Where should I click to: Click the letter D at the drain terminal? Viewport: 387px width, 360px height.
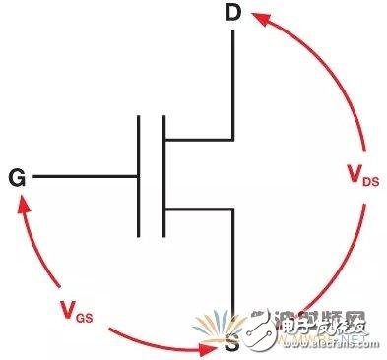click(232, 16)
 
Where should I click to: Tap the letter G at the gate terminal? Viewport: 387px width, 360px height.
click(17, 178)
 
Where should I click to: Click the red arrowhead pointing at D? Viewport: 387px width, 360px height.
click(257, 16)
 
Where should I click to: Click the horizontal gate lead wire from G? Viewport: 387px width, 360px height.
click(84, 178)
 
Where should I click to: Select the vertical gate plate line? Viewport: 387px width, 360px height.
click(139, 178)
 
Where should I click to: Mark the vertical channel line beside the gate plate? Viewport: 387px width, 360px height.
click(163, 178)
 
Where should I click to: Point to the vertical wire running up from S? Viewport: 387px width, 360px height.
click(233, 266)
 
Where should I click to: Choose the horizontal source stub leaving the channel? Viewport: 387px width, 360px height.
click(198, 209)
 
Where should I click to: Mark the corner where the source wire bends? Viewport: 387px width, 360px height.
click(233, 209)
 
